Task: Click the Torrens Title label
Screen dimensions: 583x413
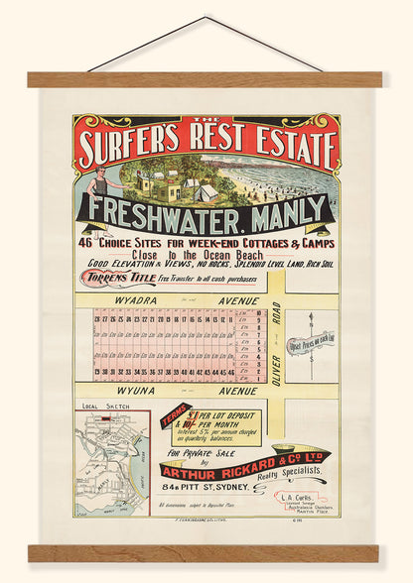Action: click(116, 280)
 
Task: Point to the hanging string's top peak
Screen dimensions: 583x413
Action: click(206, 18)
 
